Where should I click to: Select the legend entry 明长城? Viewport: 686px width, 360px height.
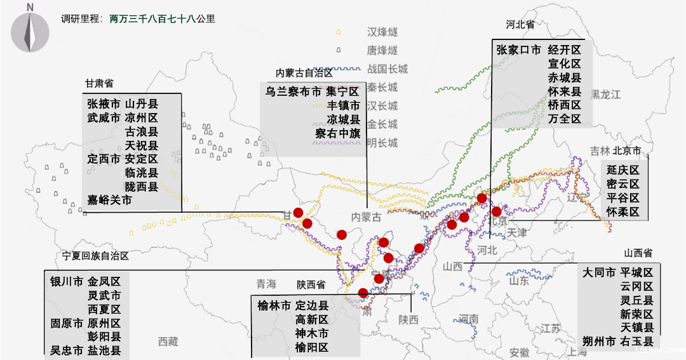382,143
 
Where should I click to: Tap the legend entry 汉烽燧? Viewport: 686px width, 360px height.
382,32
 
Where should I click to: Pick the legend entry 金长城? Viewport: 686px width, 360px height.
382,124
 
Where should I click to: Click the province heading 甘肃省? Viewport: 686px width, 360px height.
99,83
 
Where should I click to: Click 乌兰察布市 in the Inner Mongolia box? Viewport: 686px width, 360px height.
293,91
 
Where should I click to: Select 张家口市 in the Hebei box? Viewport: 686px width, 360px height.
518,50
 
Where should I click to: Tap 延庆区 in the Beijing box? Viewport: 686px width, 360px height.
622,170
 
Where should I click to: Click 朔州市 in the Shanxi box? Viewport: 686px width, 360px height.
599,342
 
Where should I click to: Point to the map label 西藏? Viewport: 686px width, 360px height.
168,342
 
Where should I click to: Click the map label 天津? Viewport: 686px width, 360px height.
517,233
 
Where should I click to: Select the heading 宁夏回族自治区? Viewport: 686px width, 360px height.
95,256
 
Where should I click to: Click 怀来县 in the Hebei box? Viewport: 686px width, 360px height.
565,91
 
